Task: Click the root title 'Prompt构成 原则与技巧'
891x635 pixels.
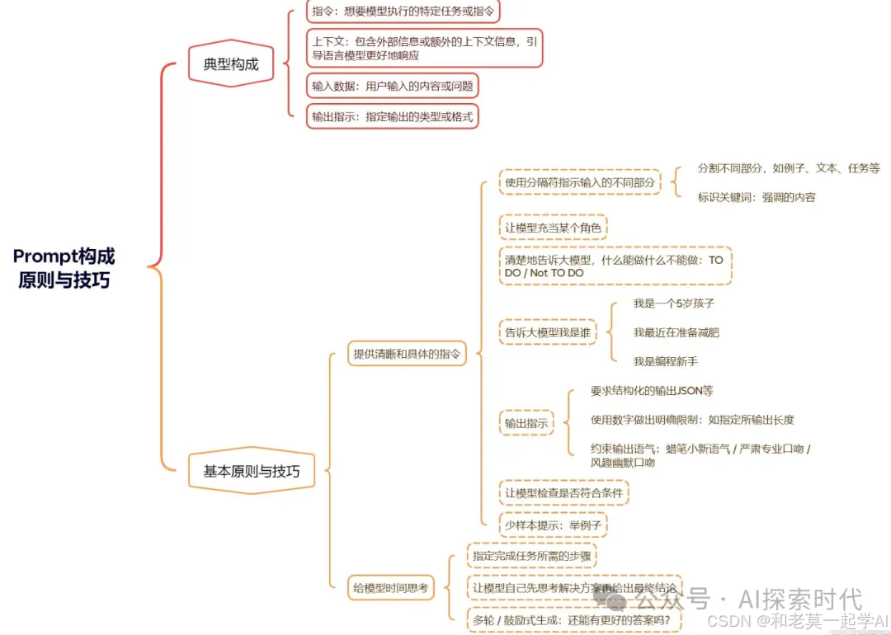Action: coord(64,267)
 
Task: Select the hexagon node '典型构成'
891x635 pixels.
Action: coord(231,63)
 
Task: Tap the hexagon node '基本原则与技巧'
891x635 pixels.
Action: coord(252,472)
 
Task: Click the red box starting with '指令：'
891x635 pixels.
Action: coord(403,12)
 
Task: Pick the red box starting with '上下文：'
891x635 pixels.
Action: coord(424,48)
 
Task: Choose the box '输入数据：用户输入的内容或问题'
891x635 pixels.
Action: coord(392,86)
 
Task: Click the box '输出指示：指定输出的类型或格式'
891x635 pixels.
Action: coord(392,116)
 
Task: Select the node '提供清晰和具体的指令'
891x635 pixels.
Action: coord(406,354)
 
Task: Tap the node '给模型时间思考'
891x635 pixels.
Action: coord(391,588)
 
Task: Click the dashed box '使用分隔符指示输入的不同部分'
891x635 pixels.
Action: coord(580,182)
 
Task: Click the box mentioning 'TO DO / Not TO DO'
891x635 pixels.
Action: coord(615,266)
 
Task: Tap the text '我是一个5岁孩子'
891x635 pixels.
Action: coord(673,303)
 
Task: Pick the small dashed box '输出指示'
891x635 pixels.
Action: coord(526,423)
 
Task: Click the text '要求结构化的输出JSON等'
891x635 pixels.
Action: coord(651,391)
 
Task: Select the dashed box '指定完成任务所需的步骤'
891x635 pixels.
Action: coord(531,556)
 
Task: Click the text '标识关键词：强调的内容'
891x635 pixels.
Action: coord(756,197)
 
